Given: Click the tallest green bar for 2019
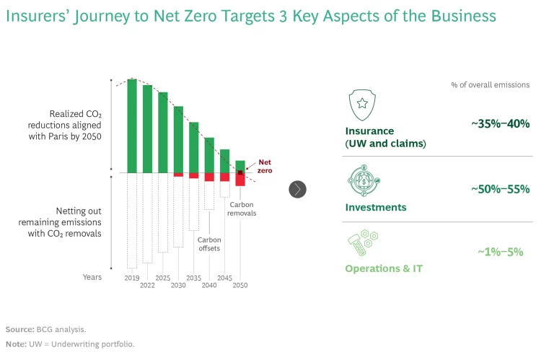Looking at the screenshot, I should click(x=132, y=126).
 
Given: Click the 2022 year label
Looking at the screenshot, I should click(x=147, y=286).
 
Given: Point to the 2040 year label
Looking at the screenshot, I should click(x=209, y=286).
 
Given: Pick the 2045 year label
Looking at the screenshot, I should click(x=224, y=278).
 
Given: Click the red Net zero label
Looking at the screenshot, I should click(x=265, y=167).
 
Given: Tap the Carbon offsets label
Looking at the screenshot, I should click(x=209, y=244).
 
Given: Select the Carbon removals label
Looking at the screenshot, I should click(x=242, y=209).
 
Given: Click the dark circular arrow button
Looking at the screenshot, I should click(x=298, y=189).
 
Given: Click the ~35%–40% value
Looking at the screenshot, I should click(x=500, y=124).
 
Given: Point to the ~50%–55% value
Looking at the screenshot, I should click(x=500, y=189).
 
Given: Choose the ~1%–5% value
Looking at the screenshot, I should click(x=500, y=252).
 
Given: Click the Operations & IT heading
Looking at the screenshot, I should click(x=384, y=268).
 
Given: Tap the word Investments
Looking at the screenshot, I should click(x=376, y=207).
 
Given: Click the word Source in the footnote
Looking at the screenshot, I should click(x=19, y=328).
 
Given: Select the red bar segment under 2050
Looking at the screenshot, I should click(x=240, y=180).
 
